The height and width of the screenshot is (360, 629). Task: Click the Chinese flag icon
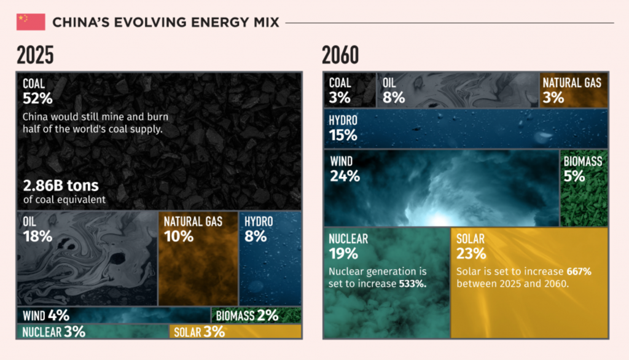tap(31, 22)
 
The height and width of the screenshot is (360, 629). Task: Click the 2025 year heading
tap(35, 56)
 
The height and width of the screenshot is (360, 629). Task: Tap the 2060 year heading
tap(340, 56)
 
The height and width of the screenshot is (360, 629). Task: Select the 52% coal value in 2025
tap(37, 98)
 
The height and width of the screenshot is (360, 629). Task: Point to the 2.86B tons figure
tap(61, 185)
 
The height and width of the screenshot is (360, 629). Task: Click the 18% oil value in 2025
tap(37, 236)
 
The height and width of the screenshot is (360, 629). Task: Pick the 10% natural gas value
tap(179, 236)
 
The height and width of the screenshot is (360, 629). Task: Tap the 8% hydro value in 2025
tap(256, 236)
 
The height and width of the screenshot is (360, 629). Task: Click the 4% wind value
tap(58, 316)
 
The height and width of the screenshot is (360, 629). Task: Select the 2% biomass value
tap(268, 316)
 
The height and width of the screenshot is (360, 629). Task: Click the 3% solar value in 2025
tap(214, 332)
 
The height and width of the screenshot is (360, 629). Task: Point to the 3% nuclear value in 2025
tap(74, 332)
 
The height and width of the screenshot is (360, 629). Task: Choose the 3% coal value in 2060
tap(339, 97)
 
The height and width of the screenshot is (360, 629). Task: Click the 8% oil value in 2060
tap(393, 97)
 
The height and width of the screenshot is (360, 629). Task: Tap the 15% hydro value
tap(342, 135)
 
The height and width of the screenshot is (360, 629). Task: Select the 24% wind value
tap(344, 176)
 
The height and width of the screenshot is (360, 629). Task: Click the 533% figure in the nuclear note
tap(413, 284)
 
